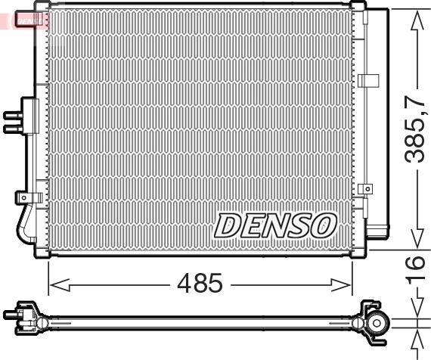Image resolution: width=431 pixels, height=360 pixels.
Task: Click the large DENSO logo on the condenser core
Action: point(275,225)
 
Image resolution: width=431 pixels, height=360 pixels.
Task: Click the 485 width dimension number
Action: point(200,284)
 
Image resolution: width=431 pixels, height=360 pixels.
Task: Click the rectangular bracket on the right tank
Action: point(368,80)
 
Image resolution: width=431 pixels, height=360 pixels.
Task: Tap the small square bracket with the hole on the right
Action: point(366,189)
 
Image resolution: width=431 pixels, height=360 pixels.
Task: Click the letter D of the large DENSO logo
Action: point(228,225)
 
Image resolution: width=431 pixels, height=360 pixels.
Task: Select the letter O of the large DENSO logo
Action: point(324,224)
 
